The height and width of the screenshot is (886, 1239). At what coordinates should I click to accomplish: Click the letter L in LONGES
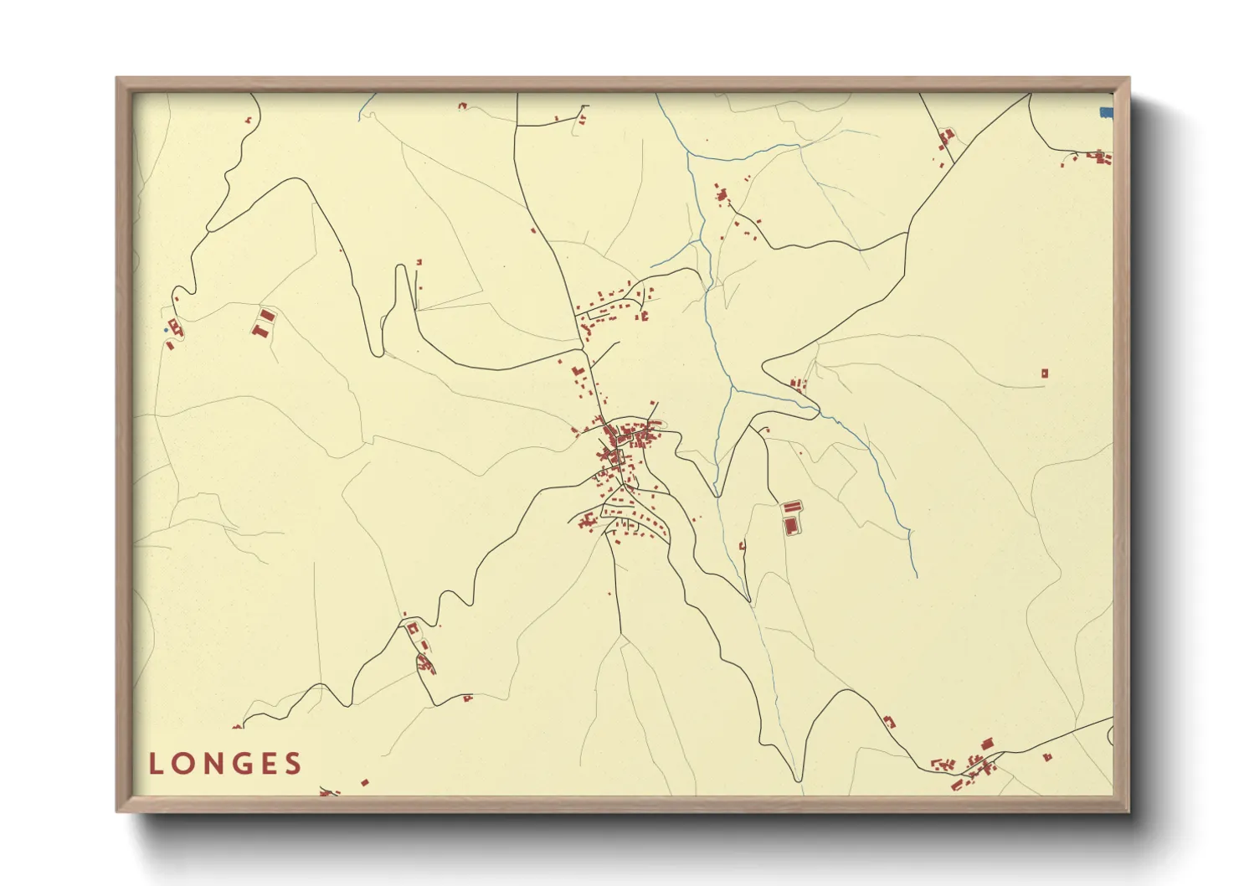pyautogui.click(x=156, y=764)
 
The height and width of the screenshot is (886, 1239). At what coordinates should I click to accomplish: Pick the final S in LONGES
pyautogui.click(x=292, y=764)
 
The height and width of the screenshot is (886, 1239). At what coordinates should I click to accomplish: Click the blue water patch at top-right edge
pyautogui.click(x=1106, y=112)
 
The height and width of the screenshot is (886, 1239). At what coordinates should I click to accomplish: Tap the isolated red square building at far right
pyautogui.click(x=1044, y=373)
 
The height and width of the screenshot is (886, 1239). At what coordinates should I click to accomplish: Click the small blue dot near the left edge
pyautogui.click(x=166, y=330)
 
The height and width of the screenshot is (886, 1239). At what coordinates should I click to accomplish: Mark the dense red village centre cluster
pyautogui.click(x=624, y=444)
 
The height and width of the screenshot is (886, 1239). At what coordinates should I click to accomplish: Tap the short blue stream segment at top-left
pyautogui.click(x=366, y=107)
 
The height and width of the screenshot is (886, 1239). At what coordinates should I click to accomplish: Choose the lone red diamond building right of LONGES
pyautogui.click(x=364, y=783)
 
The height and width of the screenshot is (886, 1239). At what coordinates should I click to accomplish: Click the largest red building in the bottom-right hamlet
pyautogui.click(x=987, y=744)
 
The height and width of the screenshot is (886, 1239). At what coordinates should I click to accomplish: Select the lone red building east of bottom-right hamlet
pyautogui.click(x=1047, y=757)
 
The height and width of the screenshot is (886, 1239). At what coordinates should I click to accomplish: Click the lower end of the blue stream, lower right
pyautogui.click(x=916, y=575)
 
